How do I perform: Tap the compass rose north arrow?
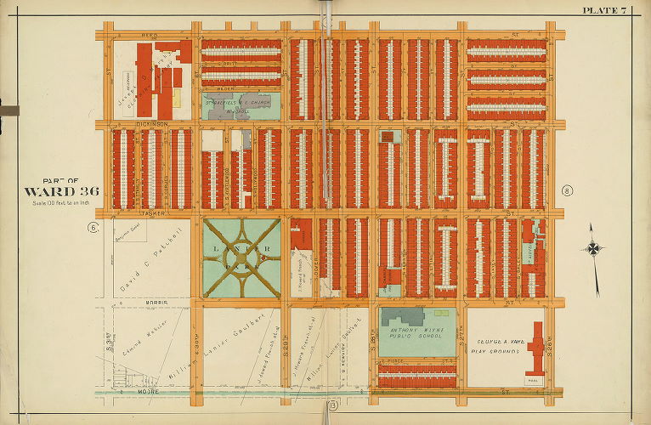point(594,249)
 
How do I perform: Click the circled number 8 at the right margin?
point(566,190)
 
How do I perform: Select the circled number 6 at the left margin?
point(93,227)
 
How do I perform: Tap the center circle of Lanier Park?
point(242,258)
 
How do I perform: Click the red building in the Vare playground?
point(535,348)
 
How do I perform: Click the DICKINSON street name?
point(154,124)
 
